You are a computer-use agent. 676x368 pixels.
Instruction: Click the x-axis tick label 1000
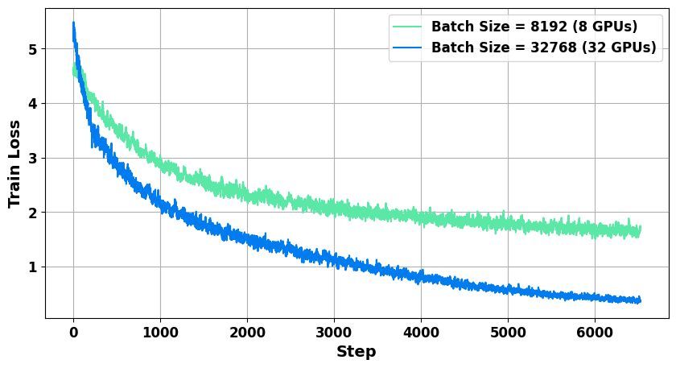coord(160,333)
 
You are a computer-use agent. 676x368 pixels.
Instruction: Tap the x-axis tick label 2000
coord(248,333)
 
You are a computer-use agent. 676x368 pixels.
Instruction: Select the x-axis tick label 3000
coord(334,333)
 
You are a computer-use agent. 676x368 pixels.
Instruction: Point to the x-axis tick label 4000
coord(421,333)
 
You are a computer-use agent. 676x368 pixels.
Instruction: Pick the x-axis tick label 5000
coord(508,333)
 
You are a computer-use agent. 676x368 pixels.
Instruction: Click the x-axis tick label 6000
coord(595,333)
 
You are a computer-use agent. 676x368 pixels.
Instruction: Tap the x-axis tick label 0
coord(74,333)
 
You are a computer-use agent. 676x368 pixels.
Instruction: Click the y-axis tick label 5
coord(33,49)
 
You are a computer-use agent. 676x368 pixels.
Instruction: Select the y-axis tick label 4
coord(33,104)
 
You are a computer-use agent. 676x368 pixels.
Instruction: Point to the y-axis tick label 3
coord(33,159)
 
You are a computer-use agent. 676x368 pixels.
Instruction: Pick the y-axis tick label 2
coord(33,213)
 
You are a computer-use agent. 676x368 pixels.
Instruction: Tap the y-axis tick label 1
coord(33,267)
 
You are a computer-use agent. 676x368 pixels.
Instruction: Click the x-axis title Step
coord(356,352)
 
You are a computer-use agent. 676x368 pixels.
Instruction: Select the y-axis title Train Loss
coord(14,164)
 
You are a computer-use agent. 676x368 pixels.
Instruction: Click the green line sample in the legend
coord(407,27)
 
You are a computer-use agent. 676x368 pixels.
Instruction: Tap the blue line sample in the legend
coord(407,47)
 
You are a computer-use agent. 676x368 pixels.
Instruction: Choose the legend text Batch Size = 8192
coord(499,27)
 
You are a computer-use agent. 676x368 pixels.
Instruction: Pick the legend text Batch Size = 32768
coord(504,47)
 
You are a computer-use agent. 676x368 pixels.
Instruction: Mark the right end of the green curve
coord(641,230)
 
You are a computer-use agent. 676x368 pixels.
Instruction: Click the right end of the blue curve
coord(641,300)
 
